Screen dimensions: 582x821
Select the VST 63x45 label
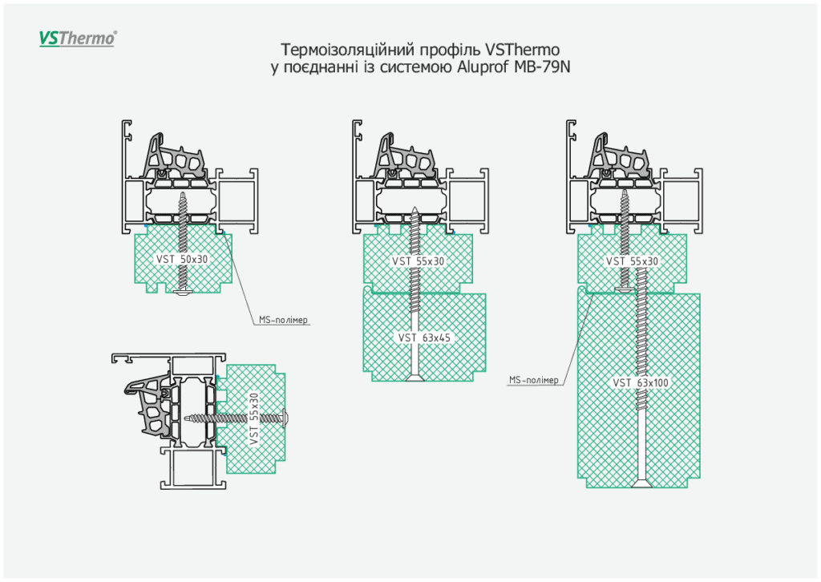[x=424, y=337]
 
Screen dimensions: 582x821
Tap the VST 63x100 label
[x=641, y=382]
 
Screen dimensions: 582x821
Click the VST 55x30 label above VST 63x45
[x=418, y=261]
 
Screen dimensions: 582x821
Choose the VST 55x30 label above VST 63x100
[x=633, y=261]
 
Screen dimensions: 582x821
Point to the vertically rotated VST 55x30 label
[x=254, y=418]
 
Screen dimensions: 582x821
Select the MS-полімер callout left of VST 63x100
[x=533, y=379]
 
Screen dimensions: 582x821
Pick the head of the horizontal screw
[x=287, y=418]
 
